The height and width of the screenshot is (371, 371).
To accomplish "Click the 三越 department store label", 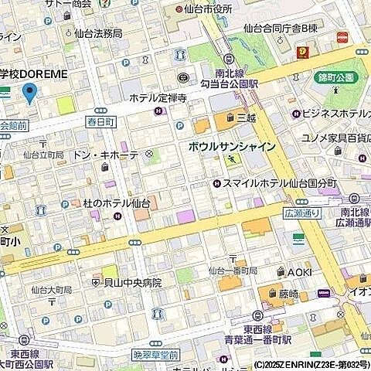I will pos(246,117).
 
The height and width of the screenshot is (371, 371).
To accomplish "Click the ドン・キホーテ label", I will pos(105,155).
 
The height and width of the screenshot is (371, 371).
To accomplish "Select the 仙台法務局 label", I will pos(98,33).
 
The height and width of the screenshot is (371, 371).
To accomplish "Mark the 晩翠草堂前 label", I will pos(156,354).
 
